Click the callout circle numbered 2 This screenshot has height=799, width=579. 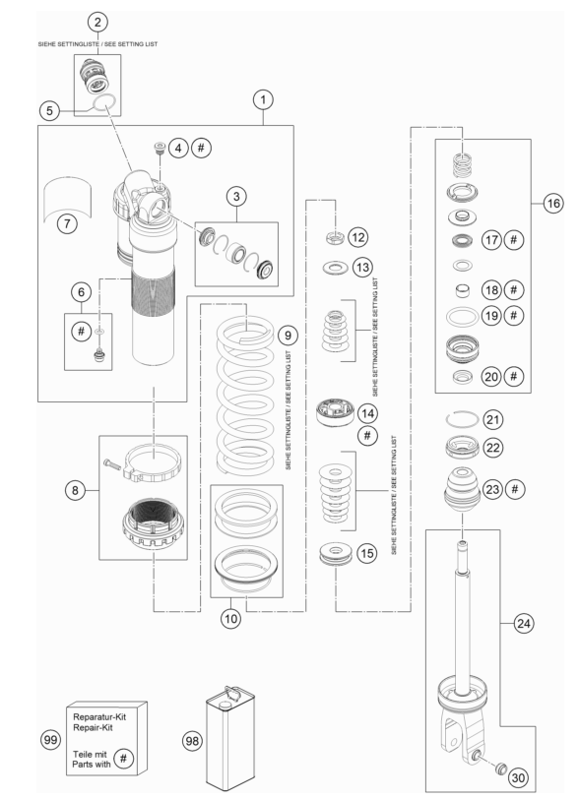[97, 22]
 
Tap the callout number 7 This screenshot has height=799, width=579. [67, 223]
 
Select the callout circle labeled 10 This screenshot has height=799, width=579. [230, 619]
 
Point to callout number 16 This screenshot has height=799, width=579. [553, 204]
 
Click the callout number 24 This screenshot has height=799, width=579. [524, 623]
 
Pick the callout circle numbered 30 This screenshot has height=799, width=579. [518, 777]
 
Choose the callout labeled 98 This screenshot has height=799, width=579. [192, 740]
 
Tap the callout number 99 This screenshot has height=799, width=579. [50, 739]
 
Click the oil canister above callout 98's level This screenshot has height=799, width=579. [230, 738]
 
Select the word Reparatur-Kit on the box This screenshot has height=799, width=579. [99, 717]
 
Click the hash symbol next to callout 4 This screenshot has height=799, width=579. [201, 148]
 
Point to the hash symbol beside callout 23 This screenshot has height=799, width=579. [515, 489]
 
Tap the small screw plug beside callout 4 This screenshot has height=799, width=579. [159, 149]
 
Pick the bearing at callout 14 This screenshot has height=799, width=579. [336, 412]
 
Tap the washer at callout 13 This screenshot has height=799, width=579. [335, 267]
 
